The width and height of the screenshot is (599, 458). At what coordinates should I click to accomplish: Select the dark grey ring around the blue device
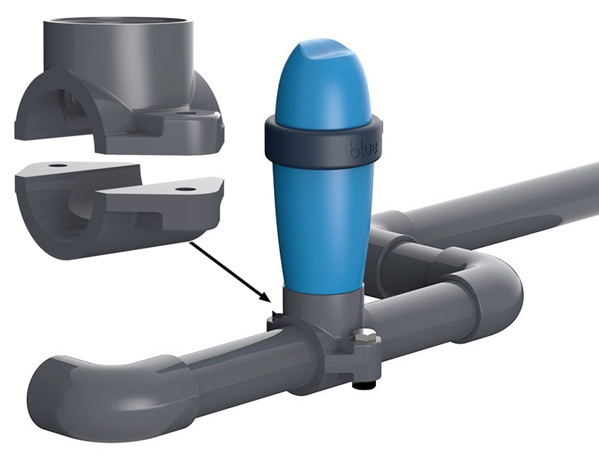pos(322,142)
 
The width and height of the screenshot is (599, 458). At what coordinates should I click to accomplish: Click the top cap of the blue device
pos(329,64)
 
